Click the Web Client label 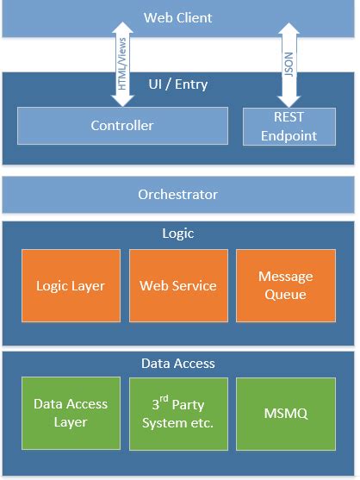pyautogui.click(x=177, y=17)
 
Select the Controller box pyautogui.click(x=122, y=126)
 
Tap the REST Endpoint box pyautogui.click(x=289, y=126)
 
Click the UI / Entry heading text pyautogui.click(x=178, y=85)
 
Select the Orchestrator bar pyautogui.click(x=177, y=195)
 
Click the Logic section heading pyautogui.click(x=177, y=234)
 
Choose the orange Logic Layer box pyautogui.click(x=71, y=286)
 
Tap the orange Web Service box pyautogui.click(x=178, y=286)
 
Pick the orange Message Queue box pyautogui.click(x=286, y=286)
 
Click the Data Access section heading pyautogui.click(x=177, y=363)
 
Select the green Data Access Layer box pyautogui.click(x=71, y=414)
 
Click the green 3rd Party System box pyautogui.click(x=178, y=414)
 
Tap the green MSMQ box pyautogui.click(x=286, y=414)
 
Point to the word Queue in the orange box pyautogui.click(x=286, y=295)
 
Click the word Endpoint pyautogui.click(x=289, y=135)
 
